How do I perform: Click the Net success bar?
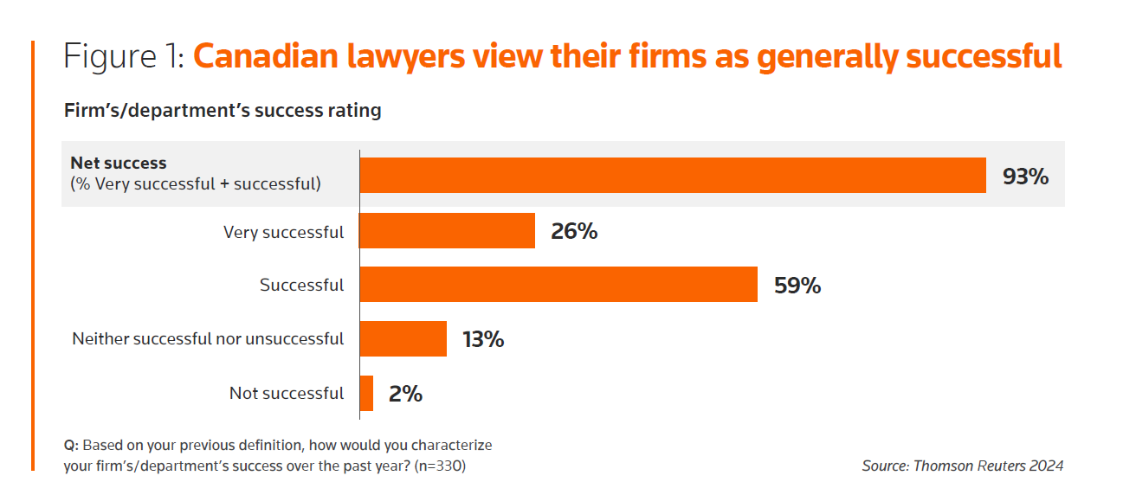click(x=673, y=176)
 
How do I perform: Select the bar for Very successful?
click(x=447, y=231)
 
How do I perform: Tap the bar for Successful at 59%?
click(x=558, y=285)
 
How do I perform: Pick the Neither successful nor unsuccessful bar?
click(x=403, y=338)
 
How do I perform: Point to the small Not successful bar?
click(x=366, y=393)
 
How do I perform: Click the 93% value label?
click(x=1025, y=177)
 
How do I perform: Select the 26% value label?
click(x=574, y=232)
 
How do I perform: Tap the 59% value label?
click(x=797, y=286)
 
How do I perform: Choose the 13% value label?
click(x=483, y=339)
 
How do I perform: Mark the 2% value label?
click(x=405, y=394)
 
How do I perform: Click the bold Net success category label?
click(x=119, y=163)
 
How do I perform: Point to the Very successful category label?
click(x=283, y=232)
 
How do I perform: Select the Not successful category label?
click(x=287, y=393)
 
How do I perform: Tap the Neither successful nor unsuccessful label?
click(x=208, y=338)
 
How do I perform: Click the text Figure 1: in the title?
click(x=123, y=57)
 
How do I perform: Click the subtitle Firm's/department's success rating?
click(x=223, y=111)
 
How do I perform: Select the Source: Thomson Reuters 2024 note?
click(x=962, y=466)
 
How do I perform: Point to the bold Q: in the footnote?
click(x=71, y=445)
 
